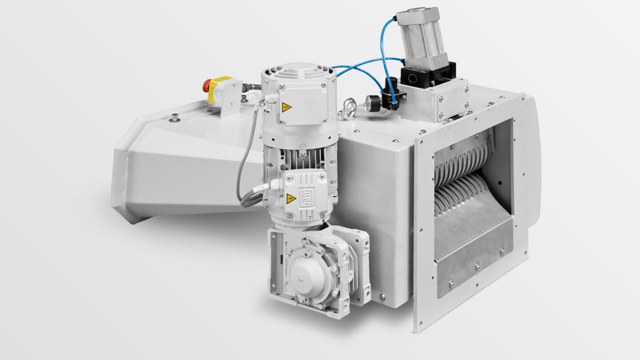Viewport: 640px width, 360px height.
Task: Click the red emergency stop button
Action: [207, 85]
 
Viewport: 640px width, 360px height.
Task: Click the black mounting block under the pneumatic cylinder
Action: [427, 77]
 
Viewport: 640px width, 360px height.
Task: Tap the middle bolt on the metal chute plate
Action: [477, 267]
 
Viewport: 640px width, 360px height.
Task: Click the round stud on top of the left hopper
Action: [175, 118]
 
